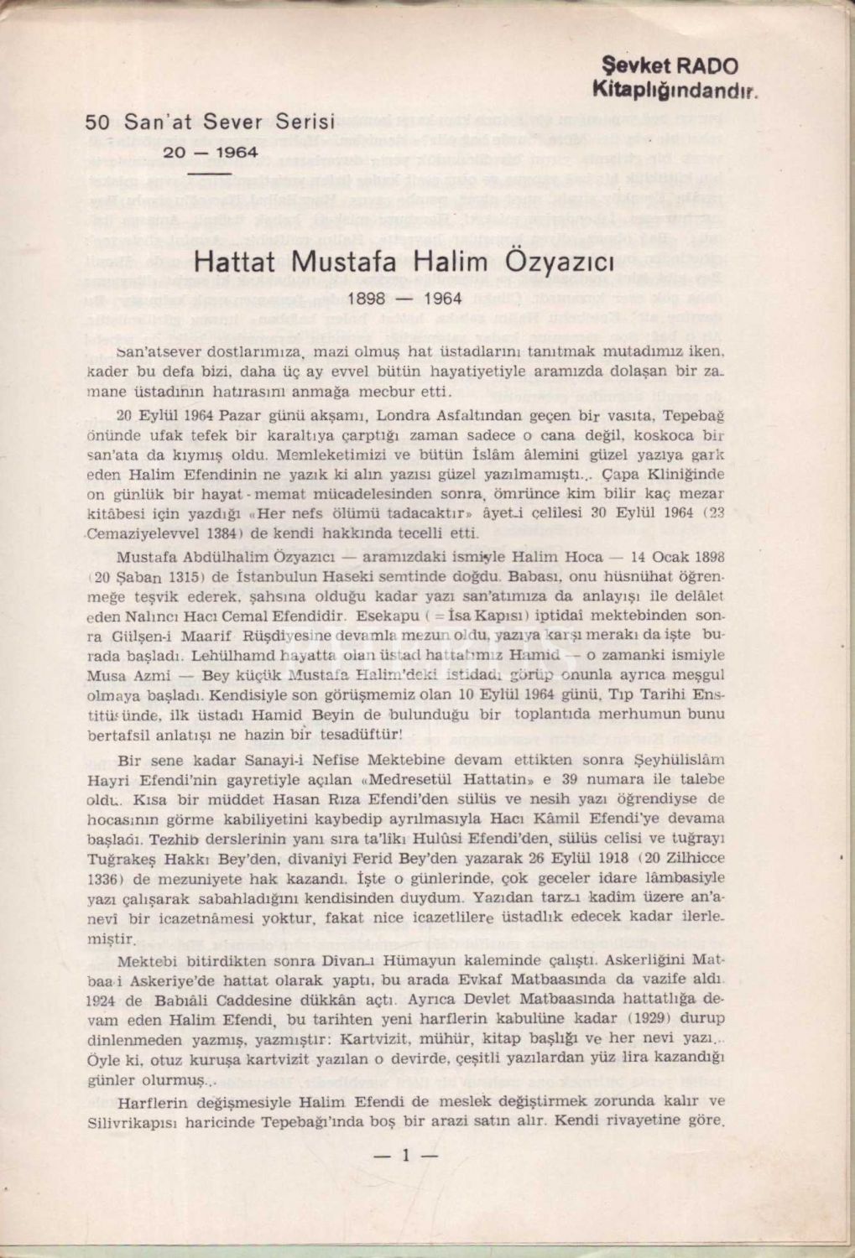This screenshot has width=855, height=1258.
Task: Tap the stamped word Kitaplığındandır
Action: [x=675, y=88]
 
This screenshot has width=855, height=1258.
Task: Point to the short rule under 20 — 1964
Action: [x=209, y=173]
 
